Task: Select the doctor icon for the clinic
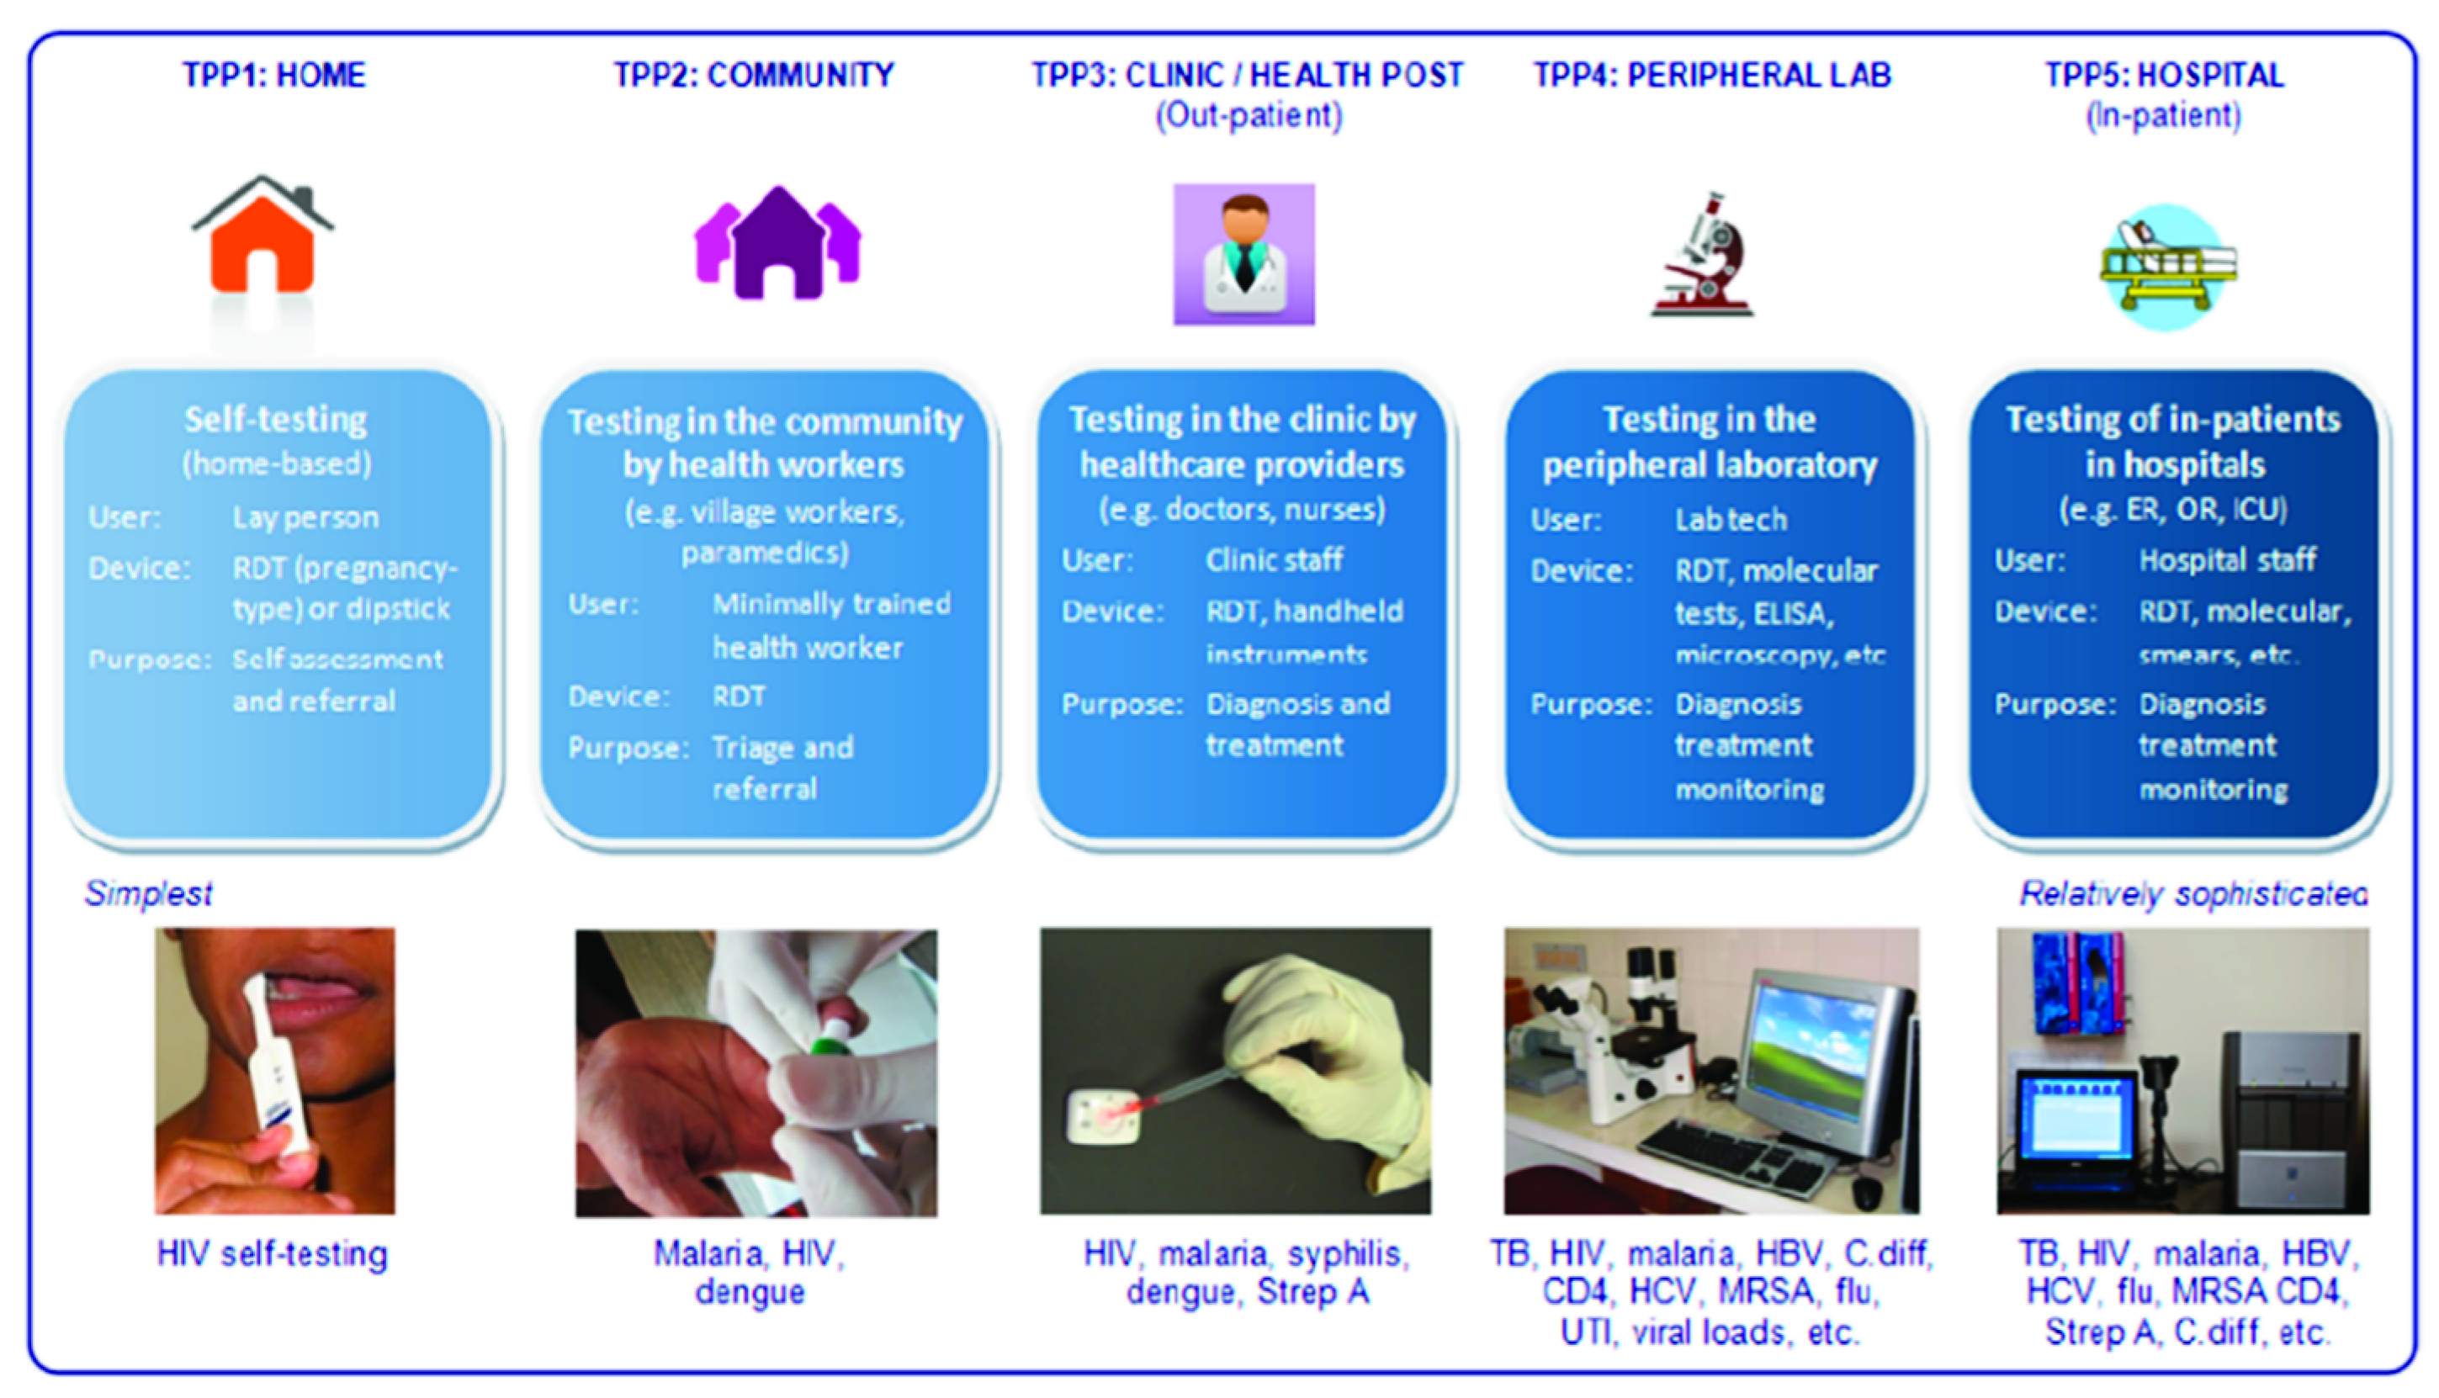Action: pyautogui.click(x=1243, y=254)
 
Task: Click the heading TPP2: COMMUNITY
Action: pyautogui.click(x=754, y=75)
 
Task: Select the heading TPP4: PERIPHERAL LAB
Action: pyautogui.click(x=1711, y=75)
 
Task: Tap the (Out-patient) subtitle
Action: pyautogui.click(x=1249, y=115)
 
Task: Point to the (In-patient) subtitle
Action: pyautogui.click(x=2163, y=115)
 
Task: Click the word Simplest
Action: pyautogui.click(x=149, y=893)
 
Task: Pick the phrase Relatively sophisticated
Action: pyautogui.click(x=2193, y=894)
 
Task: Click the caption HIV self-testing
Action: pyautogui.click(x=273, y=1254)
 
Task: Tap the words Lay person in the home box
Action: pyautogui.click(x=305, y=517)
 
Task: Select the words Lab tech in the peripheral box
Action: pyautogui.click(x=1731, y=520)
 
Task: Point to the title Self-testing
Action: pyautogui.click(x=276, y=420)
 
